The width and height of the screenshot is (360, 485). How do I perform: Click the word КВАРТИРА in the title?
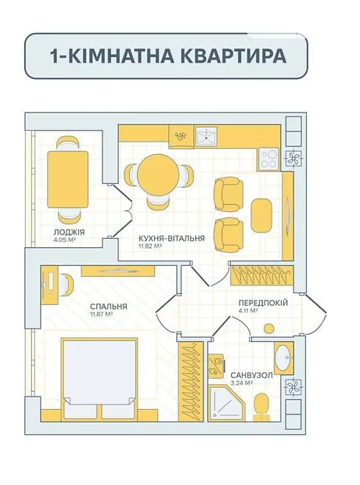tap(232, 56)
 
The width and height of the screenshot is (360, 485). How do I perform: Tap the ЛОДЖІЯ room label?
tap(69, 232)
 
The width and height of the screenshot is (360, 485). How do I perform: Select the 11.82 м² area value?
tap(151, 246)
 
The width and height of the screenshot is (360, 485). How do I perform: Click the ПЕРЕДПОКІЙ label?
tap(263, 303)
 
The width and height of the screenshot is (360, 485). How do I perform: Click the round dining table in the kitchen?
tap(159, 173)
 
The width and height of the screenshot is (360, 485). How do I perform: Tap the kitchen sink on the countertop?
tap(207, 136)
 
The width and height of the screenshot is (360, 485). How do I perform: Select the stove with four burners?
tap(268, 159)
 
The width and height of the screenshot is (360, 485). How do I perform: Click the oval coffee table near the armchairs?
tap(261, 215)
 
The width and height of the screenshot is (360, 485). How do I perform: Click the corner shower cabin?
tap(226, 403)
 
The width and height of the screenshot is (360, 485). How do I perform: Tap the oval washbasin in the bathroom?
tap(283, 357)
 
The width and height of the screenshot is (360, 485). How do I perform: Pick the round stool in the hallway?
tap(270, 329)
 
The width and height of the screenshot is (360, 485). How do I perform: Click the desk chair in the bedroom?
tap(67, 285)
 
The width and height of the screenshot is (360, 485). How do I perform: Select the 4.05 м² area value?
tap(65, 239)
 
